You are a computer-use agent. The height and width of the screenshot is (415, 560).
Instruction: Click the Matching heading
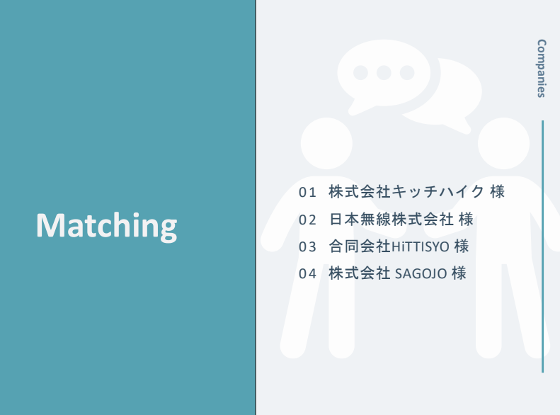point(106,226)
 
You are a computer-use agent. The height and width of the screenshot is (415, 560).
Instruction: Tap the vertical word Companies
point(542,68)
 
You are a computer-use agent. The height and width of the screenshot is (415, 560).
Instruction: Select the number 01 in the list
point(307,193)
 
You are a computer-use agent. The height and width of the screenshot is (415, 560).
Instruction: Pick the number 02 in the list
point(307,220)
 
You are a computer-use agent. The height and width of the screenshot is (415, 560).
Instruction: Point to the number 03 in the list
point(307,246)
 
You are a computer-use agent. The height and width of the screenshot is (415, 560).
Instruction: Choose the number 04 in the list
point(307,273)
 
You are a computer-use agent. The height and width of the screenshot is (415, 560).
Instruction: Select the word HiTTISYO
point(421,246)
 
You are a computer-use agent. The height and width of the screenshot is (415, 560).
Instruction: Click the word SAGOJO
point(421,274)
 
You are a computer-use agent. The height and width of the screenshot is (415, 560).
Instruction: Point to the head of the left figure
point(326,143)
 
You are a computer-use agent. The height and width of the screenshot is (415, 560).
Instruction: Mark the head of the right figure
point(503,143)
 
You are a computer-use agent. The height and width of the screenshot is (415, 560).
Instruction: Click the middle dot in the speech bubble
point(384,73)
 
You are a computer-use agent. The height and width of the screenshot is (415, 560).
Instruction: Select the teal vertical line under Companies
point(543,246)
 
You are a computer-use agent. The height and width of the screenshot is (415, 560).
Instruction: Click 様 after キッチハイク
point(498,192)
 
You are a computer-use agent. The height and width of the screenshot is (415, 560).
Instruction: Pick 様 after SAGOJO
point(459,273)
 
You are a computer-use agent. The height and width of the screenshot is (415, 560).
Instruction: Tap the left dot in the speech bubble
point(361,73)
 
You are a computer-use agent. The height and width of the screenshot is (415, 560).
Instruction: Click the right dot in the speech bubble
point(407,73)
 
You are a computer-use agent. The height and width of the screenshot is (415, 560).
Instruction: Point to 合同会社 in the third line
point(360,246)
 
